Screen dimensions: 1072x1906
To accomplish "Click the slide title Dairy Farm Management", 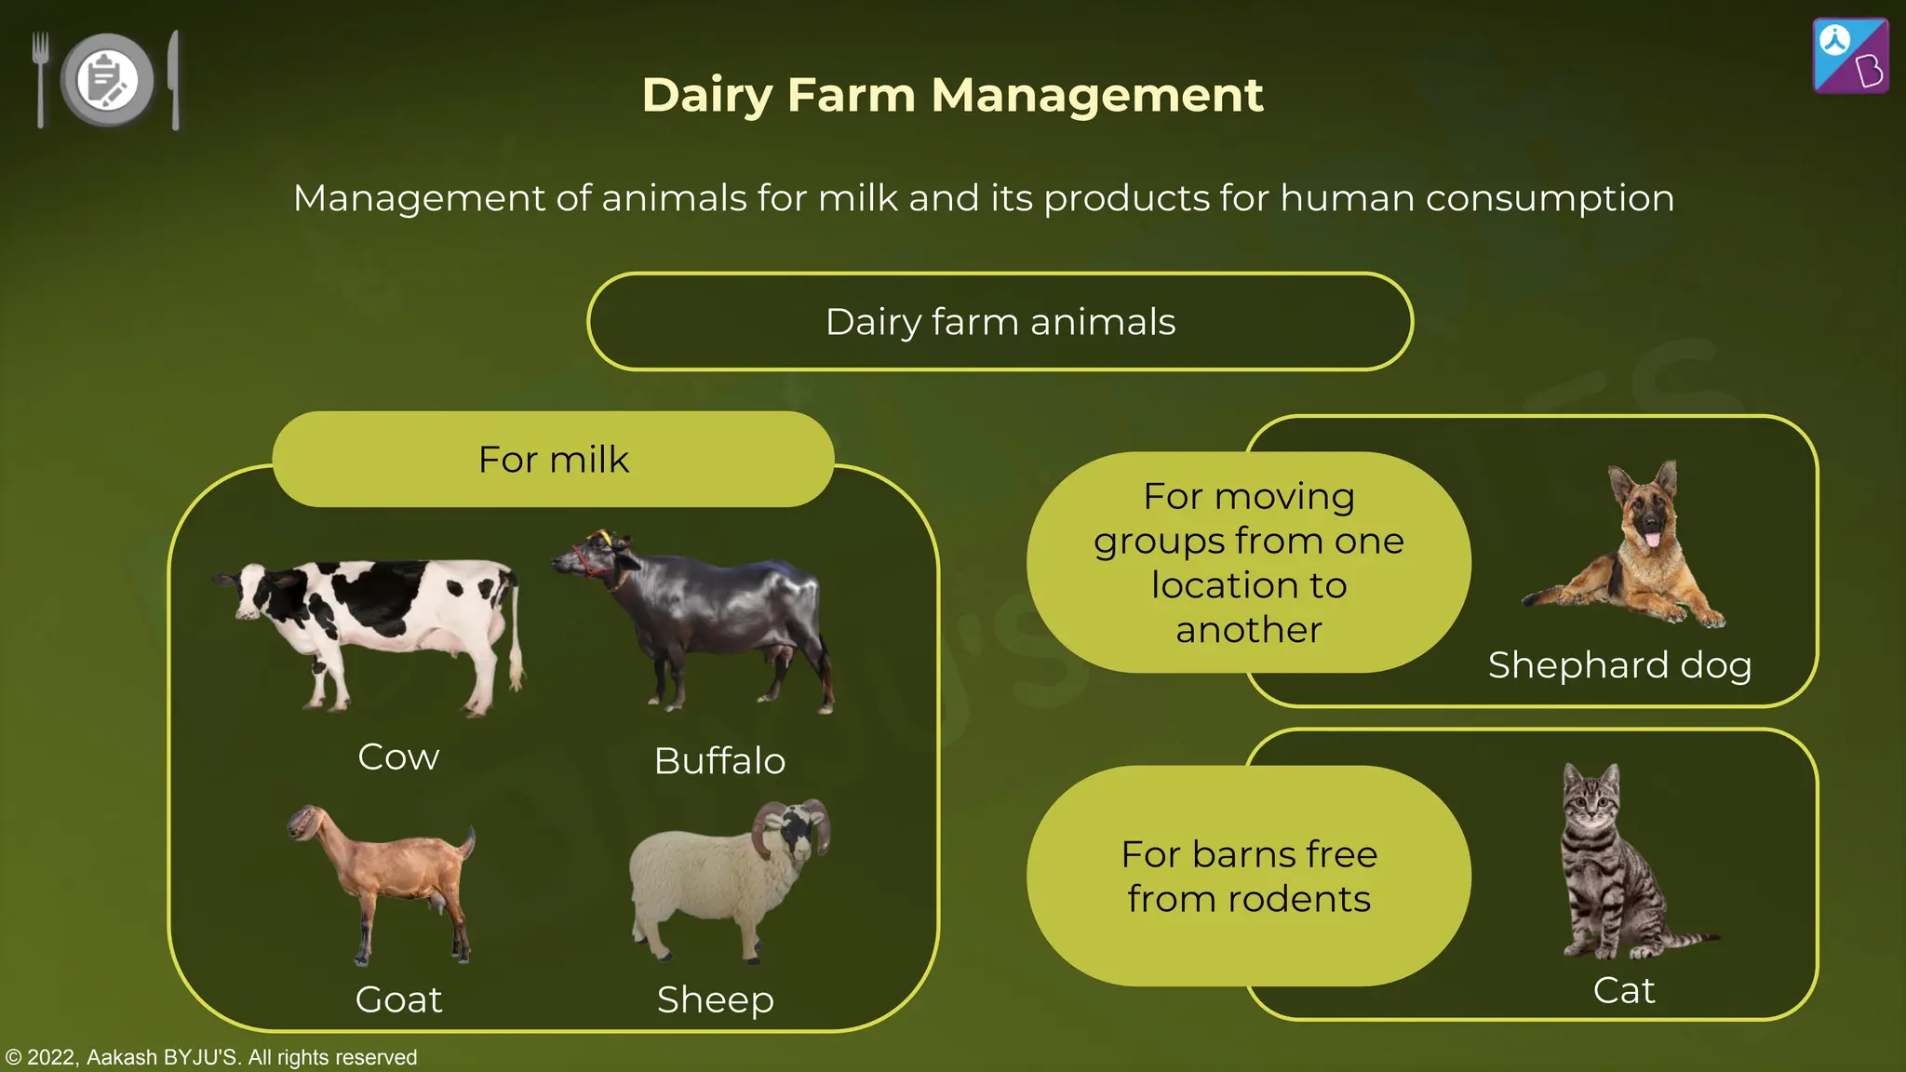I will pos(952,95).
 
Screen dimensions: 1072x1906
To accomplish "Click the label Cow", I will pos(398,757).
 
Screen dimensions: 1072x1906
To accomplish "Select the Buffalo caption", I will pos(719,761).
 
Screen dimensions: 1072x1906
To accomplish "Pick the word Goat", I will pos(398,999).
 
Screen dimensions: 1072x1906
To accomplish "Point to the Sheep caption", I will pos(715,999).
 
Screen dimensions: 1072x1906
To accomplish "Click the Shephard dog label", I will pos(1619,665).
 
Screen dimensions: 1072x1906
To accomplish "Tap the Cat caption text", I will pos(1624,990).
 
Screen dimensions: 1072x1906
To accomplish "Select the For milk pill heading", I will pos(553,460).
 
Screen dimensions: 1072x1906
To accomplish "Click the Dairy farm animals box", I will pos(1000,322).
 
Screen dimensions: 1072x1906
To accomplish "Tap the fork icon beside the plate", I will pos(40,79).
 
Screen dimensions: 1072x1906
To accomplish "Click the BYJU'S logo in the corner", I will pos(1850,56).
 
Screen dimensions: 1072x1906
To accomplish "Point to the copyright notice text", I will pos(211,1057).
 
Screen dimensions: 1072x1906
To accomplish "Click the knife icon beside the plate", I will pos(174,79).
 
